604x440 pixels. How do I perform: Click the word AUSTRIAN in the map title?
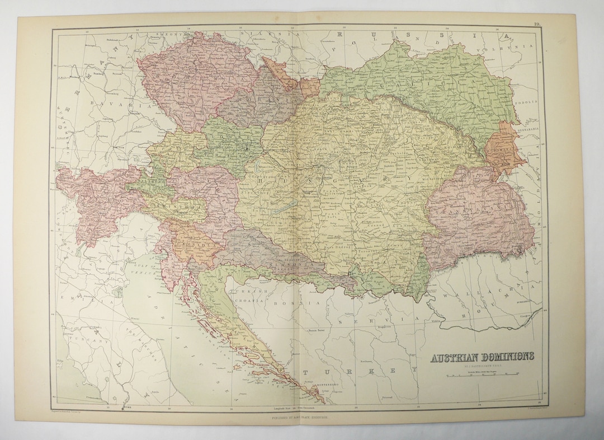tap(451, 357)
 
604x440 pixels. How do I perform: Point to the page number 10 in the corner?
tap(536, 24)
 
